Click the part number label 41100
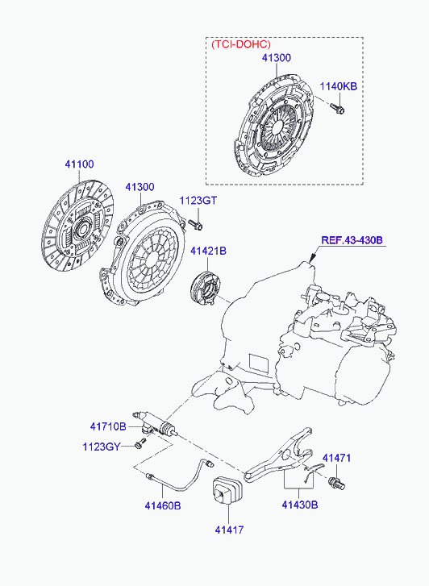tap(79, 164)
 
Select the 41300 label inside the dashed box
tap(276, 58)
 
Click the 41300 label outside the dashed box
tap(139, 187)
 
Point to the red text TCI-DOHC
tap(241, 45)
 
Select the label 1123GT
tap(198, 201)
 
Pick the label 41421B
tap(208, 251)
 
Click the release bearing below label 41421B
tap(205, 287)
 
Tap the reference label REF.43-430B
tap(352, 240)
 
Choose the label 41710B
tap(108, 426)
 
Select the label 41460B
tap(163, 505)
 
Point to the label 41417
tap(228, 530)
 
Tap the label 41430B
tap(299, 505)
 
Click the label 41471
tap(337, 458)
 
